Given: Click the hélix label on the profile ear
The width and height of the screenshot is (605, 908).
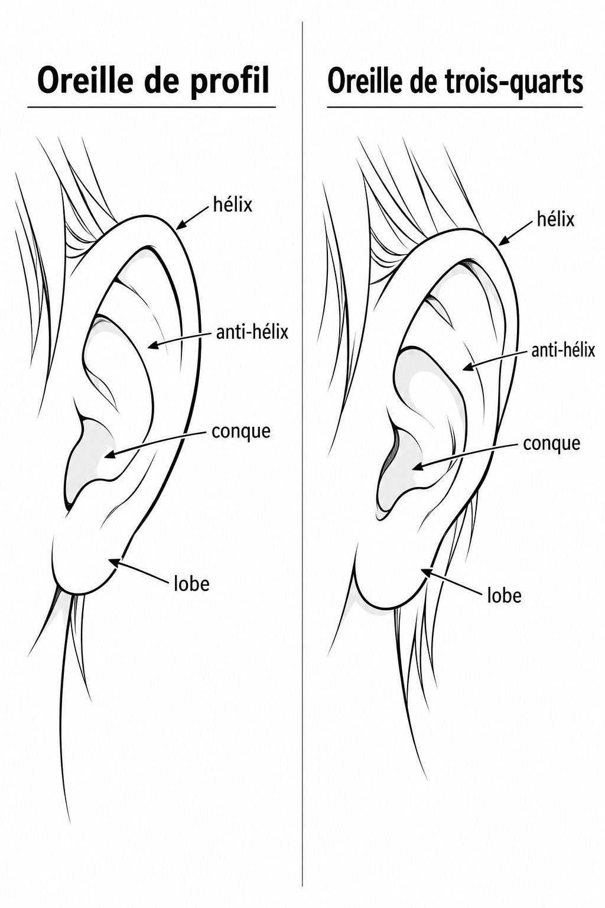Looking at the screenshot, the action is tap(232, 205).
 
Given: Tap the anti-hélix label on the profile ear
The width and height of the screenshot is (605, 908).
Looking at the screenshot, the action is tap(252, 332).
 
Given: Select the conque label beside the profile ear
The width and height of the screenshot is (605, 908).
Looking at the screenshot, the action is tap(240, 432).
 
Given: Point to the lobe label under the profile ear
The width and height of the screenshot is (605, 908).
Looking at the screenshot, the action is tap(191, 583).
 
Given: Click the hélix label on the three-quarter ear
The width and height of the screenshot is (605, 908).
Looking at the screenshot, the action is tap(555, 219).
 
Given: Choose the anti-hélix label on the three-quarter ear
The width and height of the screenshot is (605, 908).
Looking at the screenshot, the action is tap(562, 350).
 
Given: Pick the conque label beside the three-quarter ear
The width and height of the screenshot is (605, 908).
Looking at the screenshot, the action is tap(551, 443).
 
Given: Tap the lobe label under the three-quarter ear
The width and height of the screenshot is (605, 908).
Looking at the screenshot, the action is tap(504, 595).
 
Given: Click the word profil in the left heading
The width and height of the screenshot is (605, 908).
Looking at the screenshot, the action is tap(229, 81).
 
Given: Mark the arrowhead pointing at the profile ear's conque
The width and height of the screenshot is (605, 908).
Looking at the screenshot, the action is tap(110, 455).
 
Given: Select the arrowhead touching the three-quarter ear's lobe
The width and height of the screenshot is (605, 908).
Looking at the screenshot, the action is tap(427, 572).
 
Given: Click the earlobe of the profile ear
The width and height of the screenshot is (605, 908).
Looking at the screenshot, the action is tap(81, 559).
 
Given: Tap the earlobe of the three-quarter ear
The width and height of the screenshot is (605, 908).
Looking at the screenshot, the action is tap(389, 576).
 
